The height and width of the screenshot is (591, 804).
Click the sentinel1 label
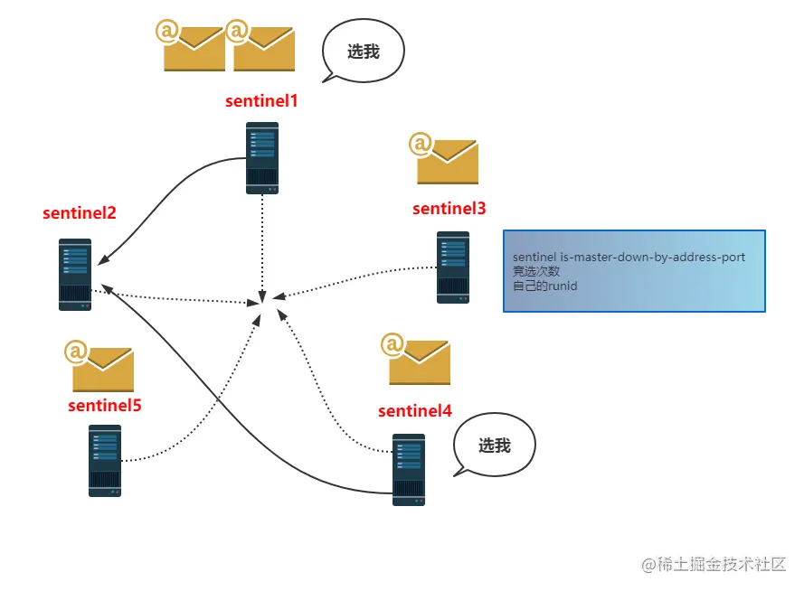[x=261, y=101]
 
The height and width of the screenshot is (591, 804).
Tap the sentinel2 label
[x=80, y=214]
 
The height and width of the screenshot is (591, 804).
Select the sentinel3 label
[x=449, y=209]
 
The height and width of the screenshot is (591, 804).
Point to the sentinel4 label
[x=415, y=411]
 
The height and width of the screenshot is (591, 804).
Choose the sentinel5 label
[x=105, y=406]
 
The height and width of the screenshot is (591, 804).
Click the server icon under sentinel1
[x=262, y=158]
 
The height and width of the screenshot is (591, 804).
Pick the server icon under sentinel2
[x=75, y=275]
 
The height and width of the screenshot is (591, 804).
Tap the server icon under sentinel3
[x=453, y=267]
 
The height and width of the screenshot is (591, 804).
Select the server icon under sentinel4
[x=409, y=469]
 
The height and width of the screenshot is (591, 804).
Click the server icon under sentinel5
[x=105, y=461]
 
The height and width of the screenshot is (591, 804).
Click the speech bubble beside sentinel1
[x=363, y=52]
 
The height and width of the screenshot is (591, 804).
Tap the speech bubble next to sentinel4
[x=494, y=446]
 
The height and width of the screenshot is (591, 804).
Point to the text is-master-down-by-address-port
[x=653, y=258]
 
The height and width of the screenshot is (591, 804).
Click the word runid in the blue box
[x=563, y=286]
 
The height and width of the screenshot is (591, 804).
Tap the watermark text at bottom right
[x=714, y=565]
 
